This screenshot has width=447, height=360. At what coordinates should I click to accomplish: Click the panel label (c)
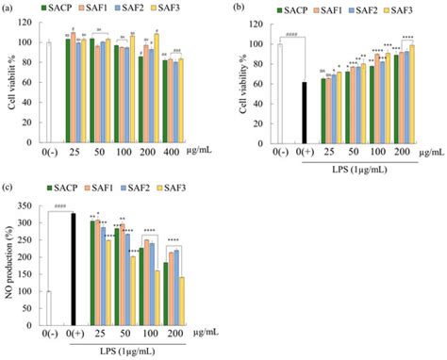(9, 187)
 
